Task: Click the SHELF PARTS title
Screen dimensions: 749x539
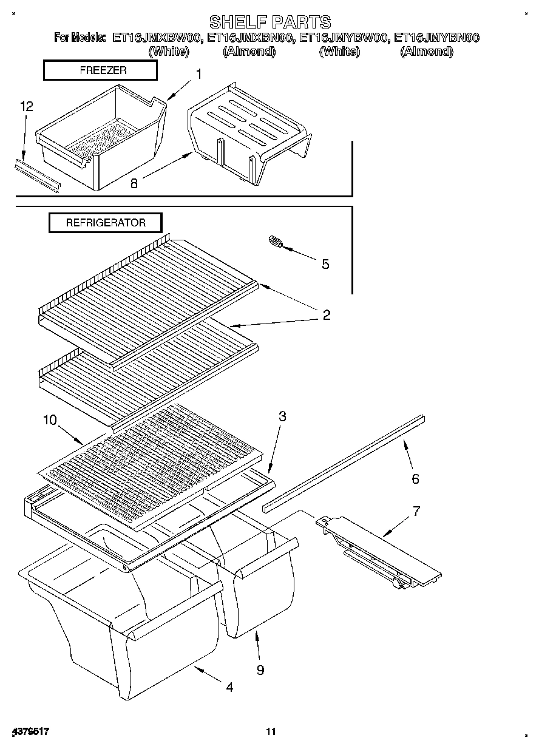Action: tap(269, 22)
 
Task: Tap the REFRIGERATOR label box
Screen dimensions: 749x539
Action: tap(106, 223)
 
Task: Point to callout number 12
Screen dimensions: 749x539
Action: tap(26, 107)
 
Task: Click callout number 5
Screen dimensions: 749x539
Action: tap(325, 264)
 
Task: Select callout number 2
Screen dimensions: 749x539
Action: tap(326, 314)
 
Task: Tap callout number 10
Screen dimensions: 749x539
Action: tap(50, 419)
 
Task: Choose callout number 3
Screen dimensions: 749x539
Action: tap(282, 416)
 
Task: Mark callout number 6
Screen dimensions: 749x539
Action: tap(415, 479)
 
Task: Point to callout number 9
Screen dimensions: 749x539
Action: tap(260, 670)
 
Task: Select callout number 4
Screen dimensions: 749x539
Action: tap(229, 687)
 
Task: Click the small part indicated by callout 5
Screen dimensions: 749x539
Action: tap(276, 242)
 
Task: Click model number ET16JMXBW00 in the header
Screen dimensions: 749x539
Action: tap(156, 38)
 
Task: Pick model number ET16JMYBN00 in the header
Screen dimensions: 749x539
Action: tap(436, 38)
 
